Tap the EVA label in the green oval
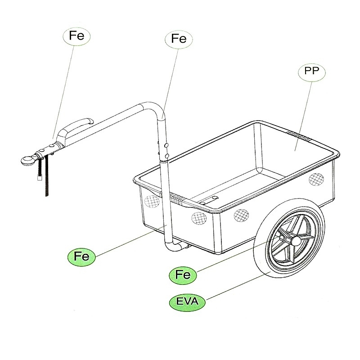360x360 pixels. (187, 301)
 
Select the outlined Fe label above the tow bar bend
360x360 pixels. (179, 39)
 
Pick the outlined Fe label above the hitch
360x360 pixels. (76, 36)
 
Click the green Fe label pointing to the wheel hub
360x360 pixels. (183, 275)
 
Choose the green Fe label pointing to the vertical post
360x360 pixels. (81, 256)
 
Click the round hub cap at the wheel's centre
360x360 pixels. (296, 241)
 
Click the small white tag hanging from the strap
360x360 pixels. (40, 177)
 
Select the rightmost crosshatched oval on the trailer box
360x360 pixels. (316, 179)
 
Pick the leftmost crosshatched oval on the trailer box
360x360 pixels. (152, 201)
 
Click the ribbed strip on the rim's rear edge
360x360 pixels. (299, 135)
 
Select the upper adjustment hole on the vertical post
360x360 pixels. (166, 145)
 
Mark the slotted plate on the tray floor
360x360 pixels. (209, 200)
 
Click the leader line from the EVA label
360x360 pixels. (238, 286)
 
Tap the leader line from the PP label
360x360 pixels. (303, 116)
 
